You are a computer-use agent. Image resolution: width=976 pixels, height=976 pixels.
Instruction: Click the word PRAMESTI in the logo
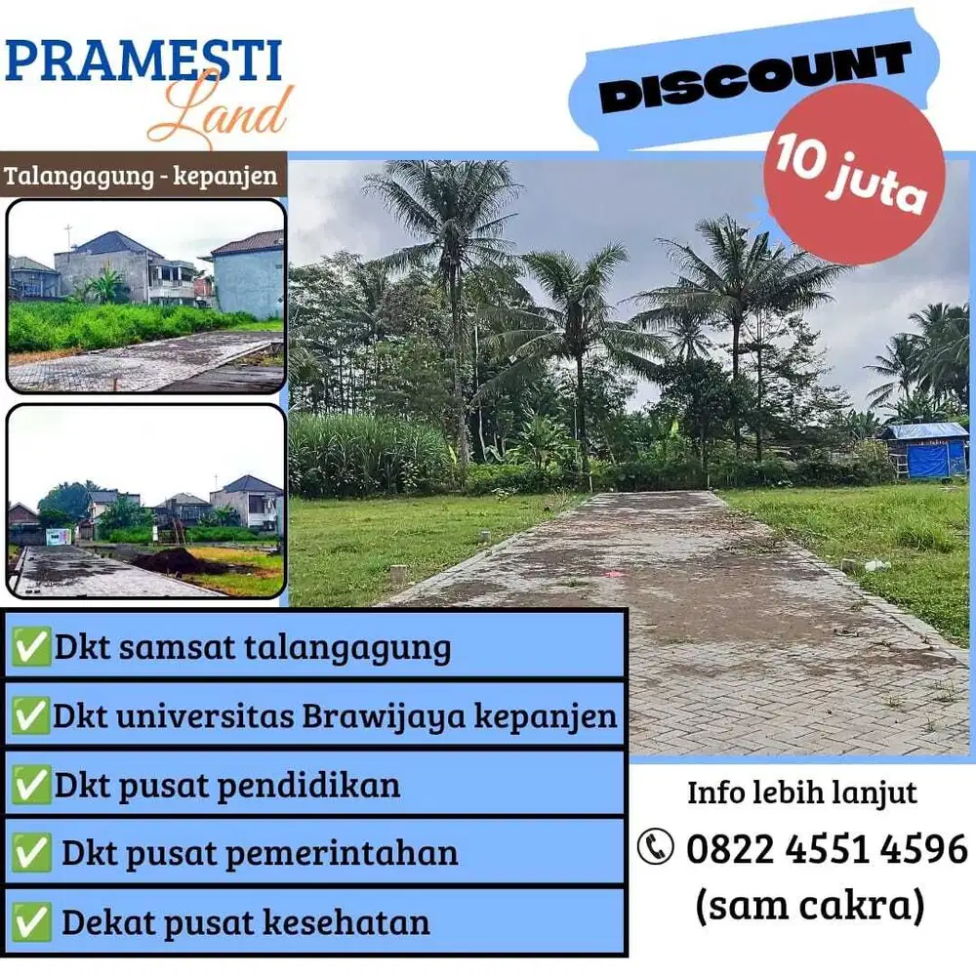143,60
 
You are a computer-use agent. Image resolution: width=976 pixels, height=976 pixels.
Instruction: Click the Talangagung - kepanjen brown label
142,178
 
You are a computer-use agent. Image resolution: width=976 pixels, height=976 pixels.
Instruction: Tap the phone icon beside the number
656,847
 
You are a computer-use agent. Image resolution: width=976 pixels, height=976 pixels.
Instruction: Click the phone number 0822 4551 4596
826,848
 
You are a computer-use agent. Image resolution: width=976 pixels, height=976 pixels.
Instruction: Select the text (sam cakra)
809,907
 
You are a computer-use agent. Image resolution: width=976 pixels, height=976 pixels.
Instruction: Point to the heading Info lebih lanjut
802,792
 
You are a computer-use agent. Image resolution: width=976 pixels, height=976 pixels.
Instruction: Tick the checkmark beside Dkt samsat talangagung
31,647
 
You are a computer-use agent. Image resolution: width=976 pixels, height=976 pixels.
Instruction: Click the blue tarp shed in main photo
925,451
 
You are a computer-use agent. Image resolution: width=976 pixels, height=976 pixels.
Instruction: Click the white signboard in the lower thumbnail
59,536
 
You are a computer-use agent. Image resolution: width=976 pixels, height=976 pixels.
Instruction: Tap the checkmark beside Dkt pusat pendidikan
31,785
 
